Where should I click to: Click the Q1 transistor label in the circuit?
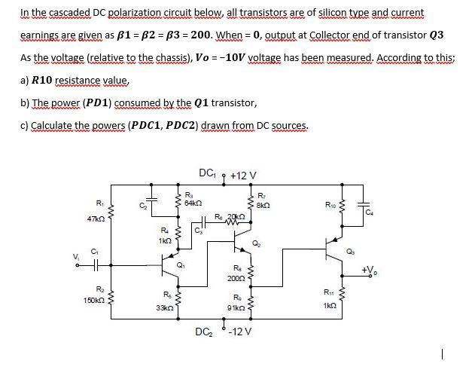pos(178,264)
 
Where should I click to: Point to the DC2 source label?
pos(203,331)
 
